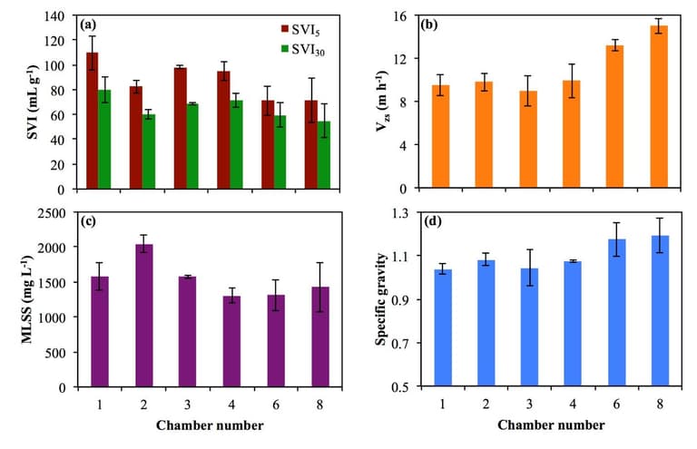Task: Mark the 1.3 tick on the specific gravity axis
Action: tap(403, 213)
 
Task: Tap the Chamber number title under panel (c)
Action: tap(209, 425)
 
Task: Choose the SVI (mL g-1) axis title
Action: tap(21, 102)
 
